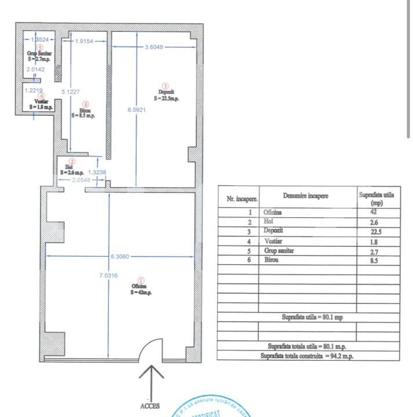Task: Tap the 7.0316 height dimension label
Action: click(108, 276)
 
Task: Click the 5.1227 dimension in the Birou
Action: click(71, 92)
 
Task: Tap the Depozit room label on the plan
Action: click(166, 95)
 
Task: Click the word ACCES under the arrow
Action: click(150, 406)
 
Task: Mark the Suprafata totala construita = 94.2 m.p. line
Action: click(307, 356)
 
